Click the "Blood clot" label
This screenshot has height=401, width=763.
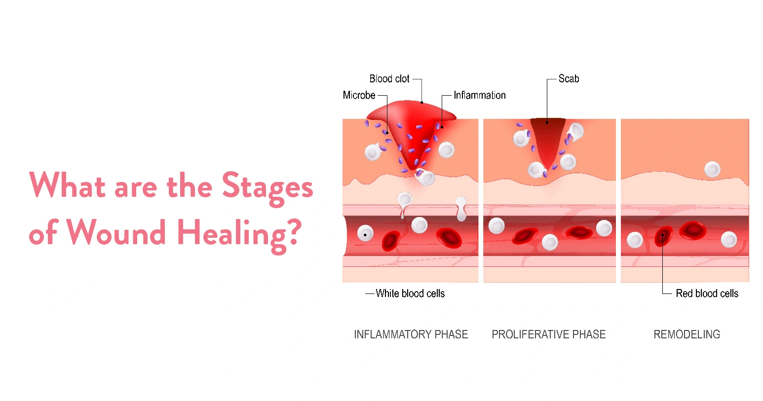coord(389,79)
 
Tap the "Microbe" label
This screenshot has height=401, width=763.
coord(359,95)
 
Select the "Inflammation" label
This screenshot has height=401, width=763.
coord(479,95)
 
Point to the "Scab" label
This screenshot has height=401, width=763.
coord(569,79)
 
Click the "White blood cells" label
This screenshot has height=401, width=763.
coord(410,293)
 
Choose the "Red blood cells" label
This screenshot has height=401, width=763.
coord(707,293)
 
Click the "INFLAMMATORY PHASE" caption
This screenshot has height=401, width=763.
coord(411,334)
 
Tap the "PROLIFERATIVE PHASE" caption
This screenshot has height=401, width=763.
coord(548,334)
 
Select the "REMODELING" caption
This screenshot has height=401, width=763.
coord(687,334)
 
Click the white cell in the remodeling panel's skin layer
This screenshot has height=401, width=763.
coord(712,170)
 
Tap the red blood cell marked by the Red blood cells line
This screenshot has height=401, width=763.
coord(663,236)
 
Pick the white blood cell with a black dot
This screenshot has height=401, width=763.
coord(365,234)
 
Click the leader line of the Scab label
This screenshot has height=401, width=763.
coord(547,99)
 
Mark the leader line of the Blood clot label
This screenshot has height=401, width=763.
coord(421,89)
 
